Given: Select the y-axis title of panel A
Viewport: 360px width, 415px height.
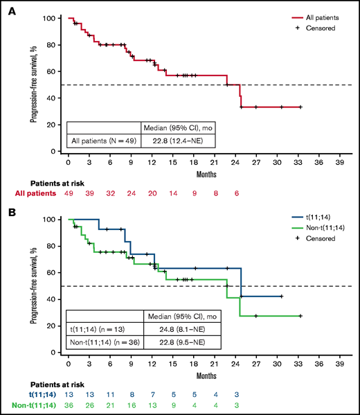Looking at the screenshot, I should coord(34,84).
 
